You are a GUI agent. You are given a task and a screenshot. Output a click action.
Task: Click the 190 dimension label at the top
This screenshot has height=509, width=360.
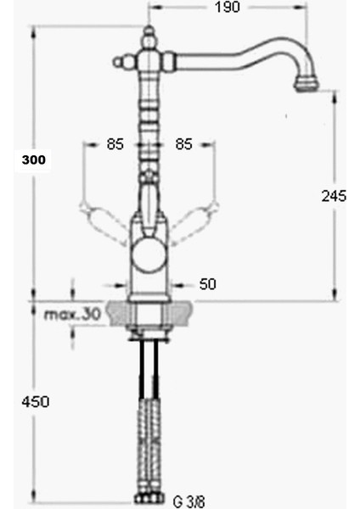[227, 8]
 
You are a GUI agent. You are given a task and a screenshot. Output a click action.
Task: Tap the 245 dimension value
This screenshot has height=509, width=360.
[335, 196]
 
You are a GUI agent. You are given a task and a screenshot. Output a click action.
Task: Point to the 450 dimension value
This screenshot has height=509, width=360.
[35, 401]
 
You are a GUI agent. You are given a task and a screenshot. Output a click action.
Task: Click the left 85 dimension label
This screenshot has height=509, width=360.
[115, 144]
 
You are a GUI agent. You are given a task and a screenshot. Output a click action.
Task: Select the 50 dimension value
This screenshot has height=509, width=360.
[207, 284]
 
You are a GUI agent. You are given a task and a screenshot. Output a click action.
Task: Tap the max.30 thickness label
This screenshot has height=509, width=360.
[72, 315]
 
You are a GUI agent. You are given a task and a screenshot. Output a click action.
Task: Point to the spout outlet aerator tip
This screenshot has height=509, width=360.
[303, 83]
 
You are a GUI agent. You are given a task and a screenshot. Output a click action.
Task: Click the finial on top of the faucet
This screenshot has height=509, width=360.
[149, 38]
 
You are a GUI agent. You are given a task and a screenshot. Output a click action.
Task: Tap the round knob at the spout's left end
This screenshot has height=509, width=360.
[118, 61]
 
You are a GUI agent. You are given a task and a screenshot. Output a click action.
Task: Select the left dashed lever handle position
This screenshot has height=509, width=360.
[93, 208]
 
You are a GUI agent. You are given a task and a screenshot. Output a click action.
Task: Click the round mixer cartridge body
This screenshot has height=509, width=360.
[149, 255]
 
